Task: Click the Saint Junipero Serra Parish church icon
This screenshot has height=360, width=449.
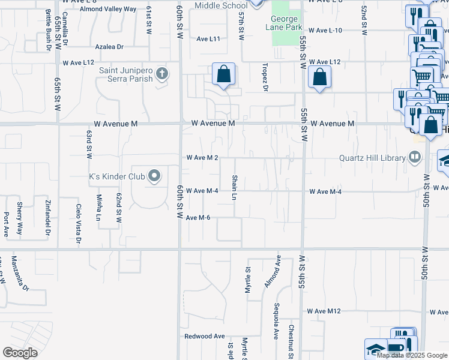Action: [x=161, y=74]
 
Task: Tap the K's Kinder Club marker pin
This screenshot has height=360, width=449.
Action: [x=154, y=176]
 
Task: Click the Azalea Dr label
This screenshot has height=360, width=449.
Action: [x=109, y=46]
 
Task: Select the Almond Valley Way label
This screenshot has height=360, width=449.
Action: [x=108, y=10]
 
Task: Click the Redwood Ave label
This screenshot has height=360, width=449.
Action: [x=204, y=337]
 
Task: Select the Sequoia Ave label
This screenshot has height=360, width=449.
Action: [x=276, y=324]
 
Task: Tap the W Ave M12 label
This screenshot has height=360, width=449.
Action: [x=324, y=311]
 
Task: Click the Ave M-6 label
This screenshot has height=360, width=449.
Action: [x=198, y=217]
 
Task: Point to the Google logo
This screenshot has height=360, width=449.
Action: [x=20, y=353]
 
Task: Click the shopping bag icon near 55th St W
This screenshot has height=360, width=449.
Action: [x=319, y=77]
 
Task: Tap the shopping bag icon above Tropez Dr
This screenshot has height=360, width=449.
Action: [x=223, y=75]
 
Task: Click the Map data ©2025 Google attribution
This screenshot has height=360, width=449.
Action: [x=412, y=355]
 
